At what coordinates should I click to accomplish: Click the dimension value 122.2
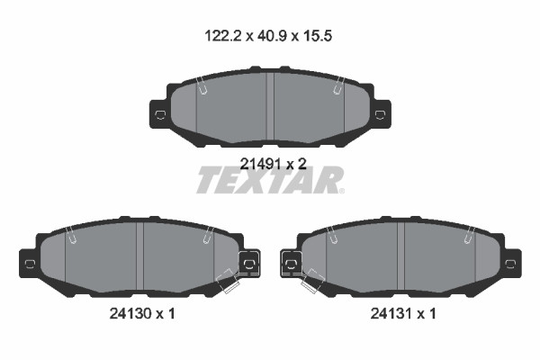223,36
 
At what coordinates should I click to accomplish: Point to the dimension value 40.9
272,36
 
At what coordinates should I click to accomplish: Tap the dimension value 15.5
317,36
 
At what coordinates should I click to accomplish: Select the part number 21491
260,164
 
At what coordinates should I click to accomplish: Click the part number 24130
130,313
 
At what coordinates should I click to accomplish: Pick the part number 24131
391,313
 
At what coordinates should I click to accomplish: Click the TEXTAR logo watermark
270,180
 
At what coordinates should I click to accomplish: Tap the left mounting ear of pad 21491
160,114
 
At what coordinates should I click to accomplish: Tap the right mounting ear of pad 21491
380,114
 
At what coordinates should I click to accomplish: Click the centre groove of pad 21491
270,106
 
